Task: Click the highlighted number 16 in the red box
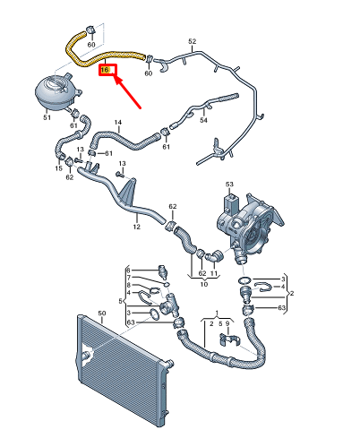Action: [x=105, y=70]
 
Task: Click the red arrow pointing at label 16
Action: [x=128, y=92]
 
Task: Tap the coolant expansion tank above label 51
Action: [x=56, y=92]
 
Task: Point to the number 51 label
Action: [x=47, y=117]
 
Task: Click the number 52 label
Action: [x=193, y=41]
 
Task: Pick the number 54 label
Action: [x=203, y=120]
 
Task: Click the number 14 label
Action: [x=118, y=122]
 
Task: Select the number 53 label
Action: [x=229, y=185]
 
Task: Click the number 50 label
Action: [x=102, y=313]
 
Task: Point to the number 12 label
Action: [x=136, y=227]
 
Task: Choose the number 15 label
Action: [x=58, y=168]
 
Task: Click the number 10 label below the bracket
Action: [x=204, y=284]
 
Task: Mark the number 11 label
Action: [x=214, y=273]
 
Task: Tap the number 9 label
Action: [x=227, y=323]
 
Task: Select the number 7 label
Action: [x=129, y=278]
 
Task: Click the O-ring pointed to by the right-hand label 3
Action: [x=244, y=280]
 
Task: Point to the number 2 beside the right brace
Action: [x=292, y=293]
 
